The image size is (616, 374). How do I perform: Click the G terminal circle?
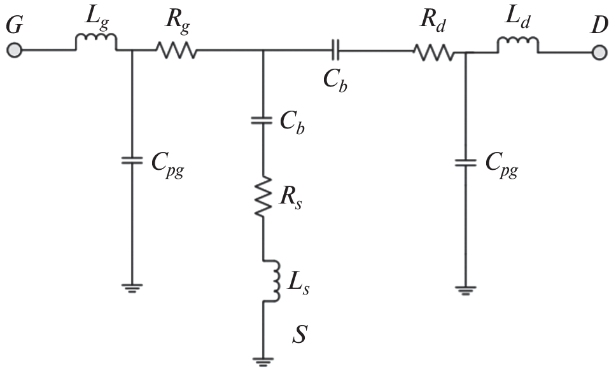coord(14,50)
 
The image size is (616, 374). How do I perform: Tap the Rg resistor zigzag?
coord(177,50)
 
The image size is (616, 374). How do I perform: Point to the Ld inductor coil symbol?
coord(518,45)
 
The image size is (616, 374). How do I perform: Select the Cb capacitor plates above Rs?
coord(263,121)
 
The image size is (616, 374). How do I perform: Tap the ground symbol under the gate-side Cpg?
coord(131,287)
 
